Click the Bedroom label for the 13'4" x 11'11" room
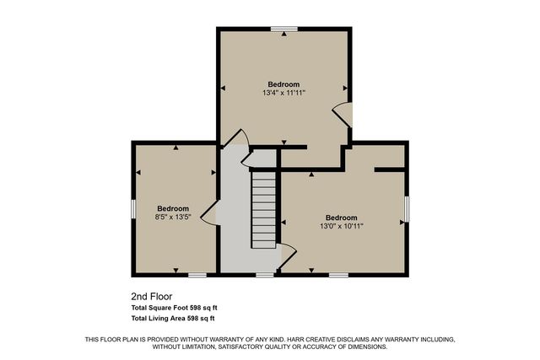[283, 84]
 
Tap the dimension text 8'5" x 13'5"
[173, 217]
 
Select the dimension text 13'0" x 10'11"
[342, 226]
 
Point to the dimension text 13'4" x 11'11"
[283, 93]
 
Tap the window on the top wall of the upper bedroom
[279, 29]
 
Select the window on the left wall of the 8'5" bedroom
[133, 209]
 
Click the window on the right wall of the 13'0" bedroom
[408, 208]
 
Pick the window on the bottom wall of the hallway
[265, 274]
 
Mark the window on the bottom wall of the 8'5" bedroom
[197, 274]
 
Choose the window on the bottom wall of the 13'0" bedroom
[338, 274]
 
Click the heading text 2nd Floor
[152, 297]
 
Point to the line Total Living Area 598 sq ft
[173, 319]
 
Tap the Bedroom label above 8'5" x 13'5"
[173, 208]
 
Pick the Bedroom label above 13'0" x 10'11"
[342, 217]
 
